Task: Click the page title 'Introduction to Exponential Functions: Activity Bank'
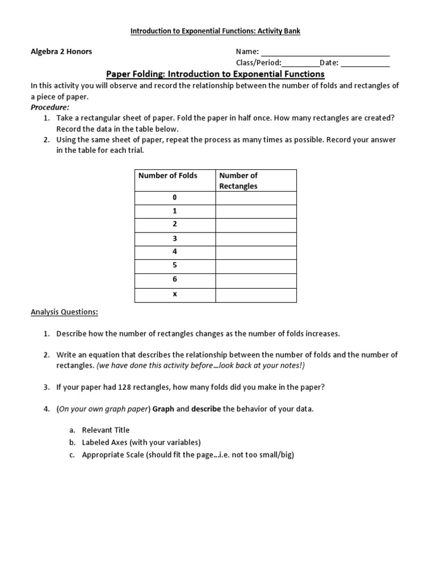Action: [216, 31]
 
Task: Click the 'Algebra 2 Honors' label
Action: [61, 52]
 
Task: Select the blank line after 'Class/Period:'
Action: [300, 64]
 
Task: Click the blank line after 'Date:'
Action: [365, 64]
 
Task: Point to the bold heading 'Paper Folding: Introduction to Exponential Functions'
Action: [216, 74]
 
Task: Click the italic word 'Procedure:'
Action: [50, 107]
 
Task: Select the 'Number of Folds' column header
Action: [167, 176]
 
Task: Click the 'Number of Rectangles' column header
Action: [238, 181]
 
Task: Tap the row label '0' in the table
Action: [175, 198]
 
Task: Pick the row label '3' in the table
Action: [175, 239]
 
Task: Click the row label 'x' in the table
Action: [175, 294]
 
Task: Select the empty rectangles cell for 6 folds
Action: [256, 280]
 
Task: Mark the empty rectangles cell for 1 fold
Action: [256, 211]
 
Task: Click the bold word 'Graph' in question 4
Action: [163, 409]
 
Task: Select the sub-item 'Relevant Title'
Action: [106, 430]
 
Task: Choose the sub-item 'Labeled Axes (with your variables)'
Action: [141, 442]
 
